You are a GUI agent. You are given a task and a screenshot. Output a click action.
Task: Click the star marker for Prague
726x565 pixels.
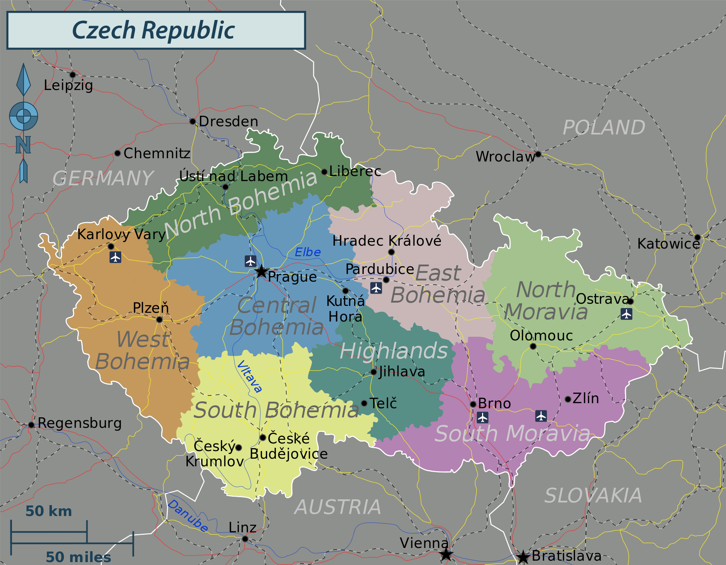pyautogui.click(x=261, y=271)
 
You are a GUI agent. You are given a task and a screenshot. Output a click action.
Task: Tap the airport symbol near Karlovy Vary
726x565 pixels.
pyautogui.click(x=115, y=257)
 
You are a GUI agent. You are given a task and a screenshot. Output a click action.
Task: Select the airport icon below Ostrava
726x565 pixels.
pyautogui.click(x=627, y=314)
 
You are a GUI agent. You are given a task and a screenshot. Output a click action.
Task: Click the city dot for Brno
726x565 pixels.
pyautogui.click(x=473, y=404)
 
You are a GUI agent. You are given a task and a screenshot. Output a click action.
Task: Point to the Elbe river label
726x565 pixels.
pyautogui.click(x=307, y=252)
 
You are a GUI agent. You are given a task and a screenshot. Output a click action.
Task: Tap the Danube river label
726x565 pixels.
pyautogui.click(x=188, y=516)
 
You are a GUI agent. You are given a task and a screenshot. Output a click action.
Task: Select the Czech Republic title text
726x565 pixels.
pyautogui.click(x=154, y=30)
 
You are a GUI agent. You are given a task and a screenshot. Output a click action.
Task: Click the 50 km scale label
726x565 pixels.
pyautogui.click(x=49, y=511)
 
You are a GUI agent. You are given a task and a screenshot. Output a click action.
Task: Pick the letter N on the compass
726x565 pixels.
pyautogui.click(x=23, y=145)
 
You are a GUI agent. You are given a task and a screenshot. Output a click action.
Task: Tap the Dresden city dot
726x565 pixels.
pyautogui.click(x=193, y=121)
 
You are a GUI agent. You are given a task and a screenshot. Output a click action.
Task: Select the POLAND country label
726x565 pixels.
pyautogui.click(x=604, y=128)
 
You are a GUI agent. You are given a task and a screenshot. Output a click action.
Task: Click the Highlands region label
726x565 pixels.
pyautogui.click(x=393, y=351)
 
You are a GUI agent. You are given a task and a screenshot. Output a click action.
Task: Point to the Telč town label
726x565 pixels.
pyautogui.click(x=383, y=403)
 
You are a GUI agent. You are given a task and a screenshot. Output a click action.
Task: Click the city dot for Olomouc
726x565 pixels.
pyautogui.click(x=533, y=346)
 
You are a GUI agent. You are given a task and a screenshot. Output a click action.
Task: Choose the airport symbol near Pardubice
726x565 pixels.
pyautogui.click(x=376, y=288)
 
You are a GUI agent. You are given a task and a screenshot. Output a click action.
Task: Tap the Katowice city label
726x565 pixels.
pyautogui.click(x=668, y=244)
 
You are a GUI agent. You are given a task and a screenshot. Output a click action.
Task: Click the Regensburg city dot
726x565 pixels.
pyautogui.click(x=32, y=425)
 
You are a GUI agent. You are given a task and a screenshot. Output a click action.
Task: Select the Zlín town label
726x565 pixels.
pyautogui.click(x=586, y=398)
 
